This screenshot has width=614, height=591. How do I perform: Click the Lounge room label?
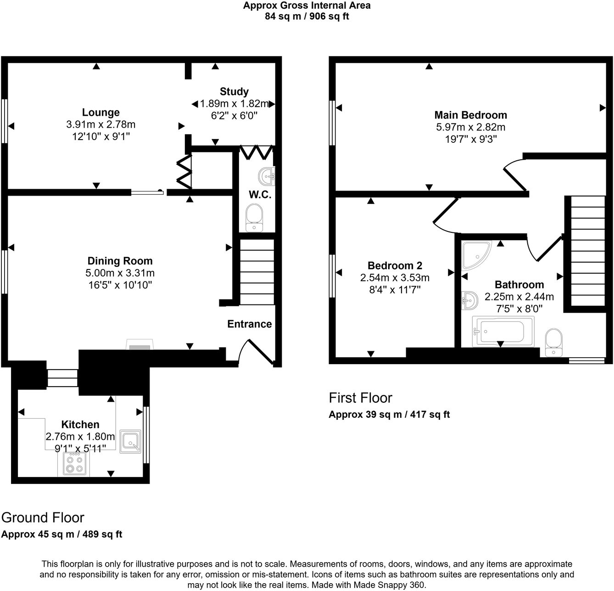(x=100, y=113)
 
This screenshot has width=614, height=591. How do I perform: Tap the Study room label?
(x=234, y=92)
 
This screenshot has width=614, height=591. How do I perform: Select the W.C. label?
(x=260, y=195)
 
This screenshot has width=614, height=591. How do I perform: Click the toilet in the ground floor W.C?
(x=254, y=218)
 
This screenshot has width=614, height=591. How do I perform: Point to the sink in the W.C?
(x=267, y=176)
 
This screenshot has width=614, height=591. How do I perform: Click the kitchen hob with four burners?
(x=74, y=464)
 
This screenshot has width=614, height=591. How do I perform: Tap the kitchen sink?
(x=130, y=442)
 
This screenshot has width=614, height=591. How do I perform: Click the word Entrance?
(x=249, y=324)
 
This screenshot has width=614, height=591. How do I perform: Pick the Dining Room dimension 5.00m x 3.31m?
(x=120, y=273)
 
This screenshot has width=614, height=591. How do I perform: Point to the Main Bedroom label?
(x=470, y=115)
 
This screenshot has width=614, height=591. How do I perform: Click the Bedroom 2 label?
(x=395, y=266)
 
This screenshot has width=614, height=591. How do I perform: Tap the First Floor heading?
(x=361, y=398)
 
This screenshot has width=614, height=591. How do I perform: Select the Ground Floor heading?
(x=43, y=518)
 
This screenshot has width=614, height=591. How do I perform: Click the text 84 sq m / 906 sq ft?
(x=307, y=17)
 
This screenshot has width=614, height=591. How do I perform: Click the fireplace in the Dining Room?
(x=140, y=346)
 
